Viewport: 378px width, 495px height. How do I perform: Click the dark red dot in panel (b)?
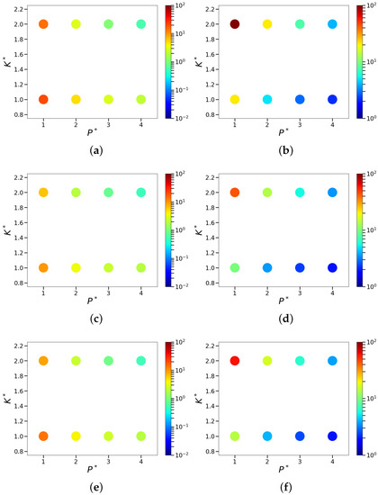click(x=210, y=24)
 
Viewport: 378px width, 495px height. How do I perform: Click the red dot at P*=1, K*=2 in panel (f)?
click(x=210, y=361)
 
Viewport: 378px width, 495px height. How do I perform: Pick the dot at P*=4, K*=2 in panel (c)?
click(x=140, y=193)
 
